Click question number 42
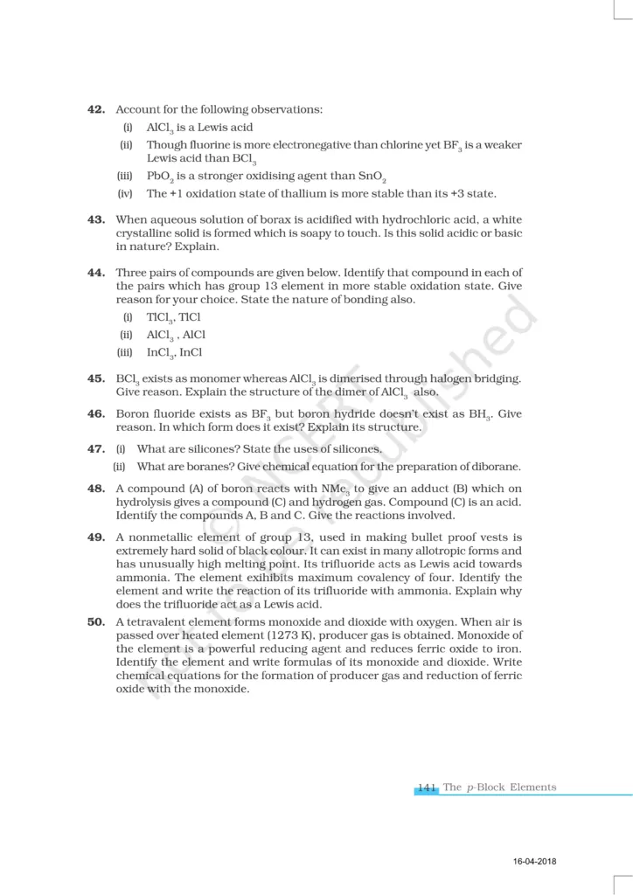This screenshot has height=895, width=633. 96,109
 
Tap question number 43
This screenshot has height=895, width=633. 96,219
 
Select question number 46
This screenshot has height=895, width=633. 96,413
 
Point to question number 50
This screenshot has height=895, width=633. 96,621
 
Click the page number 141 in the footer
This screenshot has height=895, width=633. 427,787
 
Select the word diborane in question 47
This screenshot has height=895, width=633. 494,466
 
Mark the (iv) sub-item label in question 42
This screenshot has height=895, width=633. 123,193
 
